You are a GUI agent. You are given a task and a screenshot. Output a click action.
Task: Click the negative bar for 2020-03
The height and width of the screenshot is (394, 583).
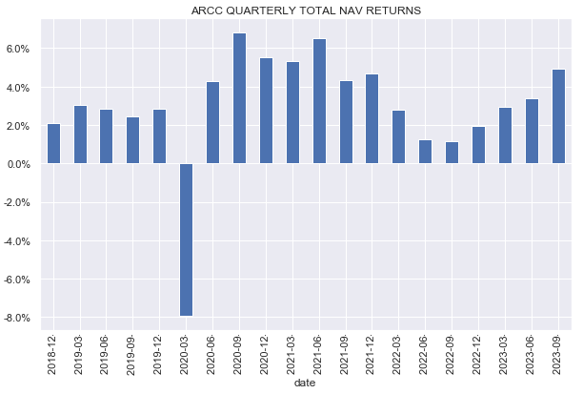click(x=187, y=239)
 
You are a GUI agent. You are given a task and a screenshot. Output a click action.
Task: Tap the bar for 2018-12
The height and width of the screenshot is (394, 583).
click(x=53, y=144)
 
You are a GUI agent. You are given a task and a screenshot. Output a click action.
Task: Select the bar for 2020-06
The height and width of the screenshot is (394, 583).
click(x=213, y=123)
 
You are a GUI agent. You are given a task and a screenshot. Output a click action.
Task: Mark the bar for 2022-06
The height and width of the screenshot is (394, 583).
click(x=426, y=152)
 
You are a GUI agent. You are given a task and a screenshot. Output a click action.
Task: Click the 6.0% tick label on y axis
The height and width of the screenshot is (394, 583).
click(x=21, y=49)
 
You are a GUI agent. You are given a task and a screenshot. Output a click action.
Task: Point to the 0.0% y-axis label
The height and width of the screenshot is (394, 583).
click(x=21, y=164)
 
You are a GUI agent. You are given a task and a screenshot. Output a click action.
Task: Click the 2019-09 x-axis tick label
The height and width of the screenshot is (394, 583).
click(x=133, y=352)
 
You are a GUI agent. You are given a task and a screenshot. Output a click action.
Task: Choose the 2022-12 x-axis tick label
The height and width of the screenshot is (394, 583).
click(x=479, y=352)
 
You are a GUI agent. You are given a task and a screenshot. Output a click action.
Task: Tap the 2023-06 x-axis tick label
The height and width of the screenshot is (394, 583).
click(x=533, y=352)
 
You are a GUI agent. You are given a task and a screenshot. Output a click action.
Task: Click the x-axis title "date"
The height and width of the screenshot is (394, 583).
click(x=306, y=384)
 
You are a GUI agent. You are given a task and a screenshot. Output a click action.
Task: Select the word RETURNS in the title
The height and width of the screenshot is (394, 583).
click(x=368, y=11)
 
